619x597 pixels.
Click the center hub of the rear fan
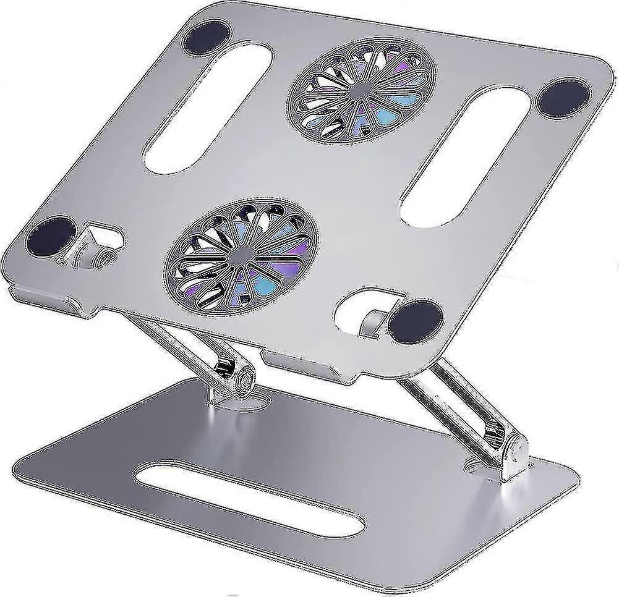pos(361,90)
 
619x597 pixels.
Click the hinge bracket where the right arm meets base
pos(512,457)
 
